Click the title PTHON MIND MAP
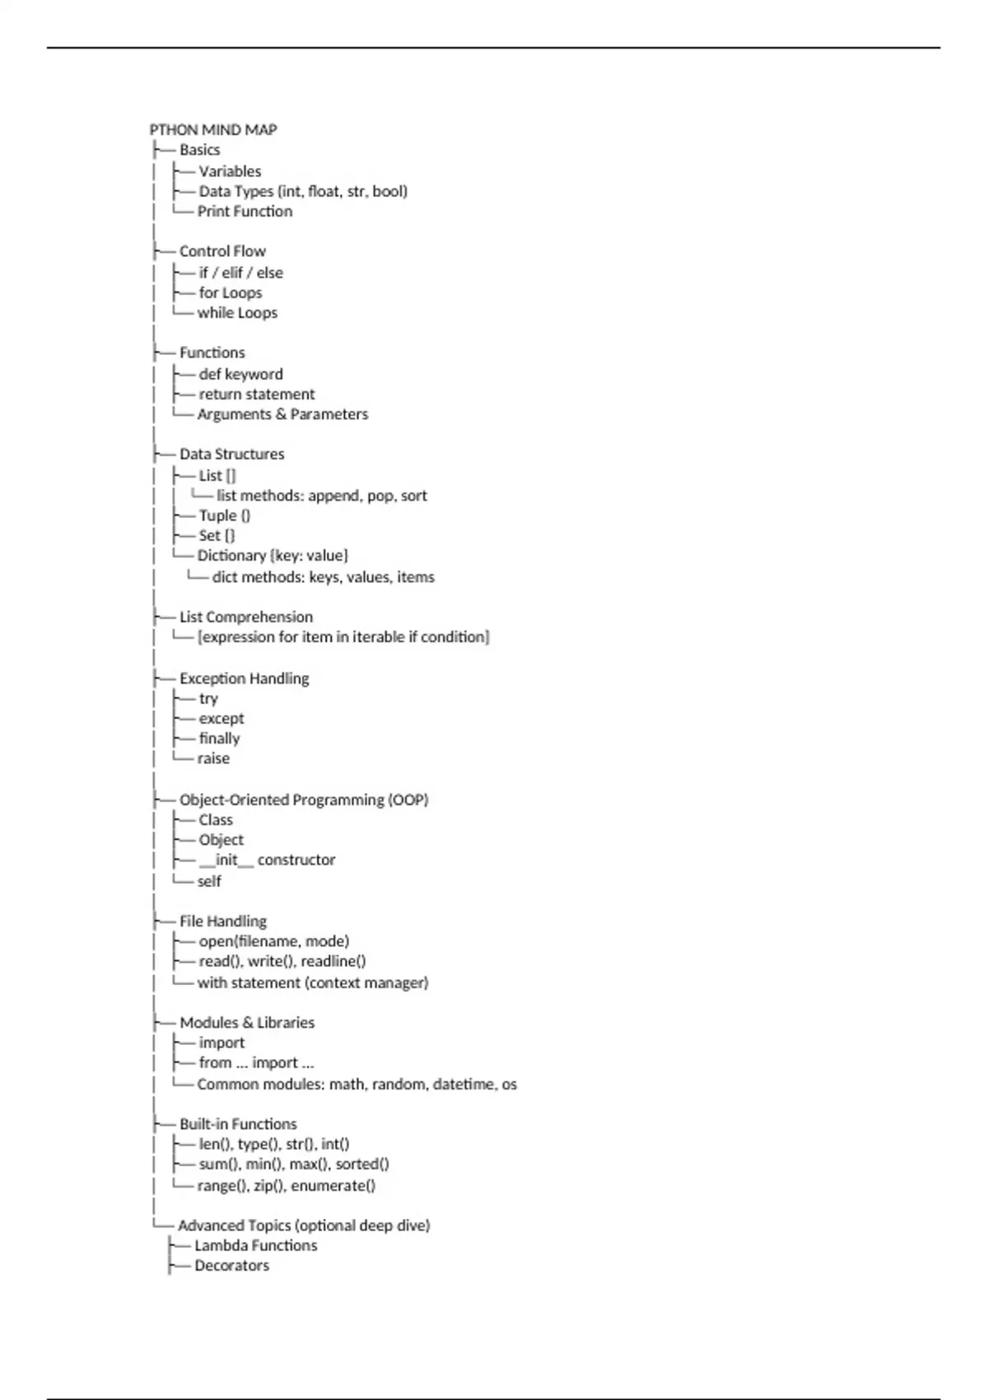point(213,129)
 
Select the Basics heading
point(199,150)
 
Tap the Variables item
point(230,171)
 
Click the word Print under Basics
point(214,212)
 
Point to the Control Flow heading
point(222,251)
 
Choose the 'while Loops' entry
point(237,313)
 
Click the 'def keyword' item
point(240,375)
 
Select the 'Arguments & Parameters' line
point(282,414)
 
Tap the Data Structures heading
point(231,454)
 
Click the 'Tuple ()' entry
point(224,516)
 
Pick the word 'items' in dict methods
point(416,577)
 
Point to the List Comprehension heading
point(246,617)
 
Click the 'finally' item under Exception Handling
point(219,739)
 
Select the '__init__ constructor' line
point(267,860)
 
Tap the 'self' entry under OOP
point(209,881)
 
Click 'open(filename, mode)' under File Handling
point(273,941)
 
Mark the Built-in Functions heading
point(238,1124)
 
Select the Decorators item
point(231,1266)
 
